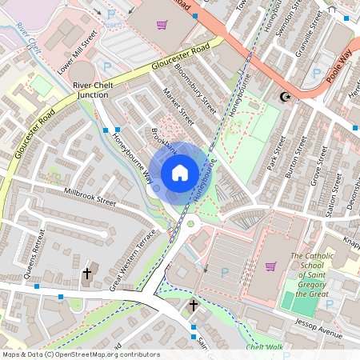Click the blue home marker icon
180,172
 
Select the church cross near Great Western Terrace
87,274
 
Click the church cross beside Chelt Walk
193,306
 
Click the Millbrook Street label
90,198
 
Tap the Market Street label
178,106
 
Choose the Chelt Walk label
265,347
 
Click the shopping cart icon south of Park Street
270,266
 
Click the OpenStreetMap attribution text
80,354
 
